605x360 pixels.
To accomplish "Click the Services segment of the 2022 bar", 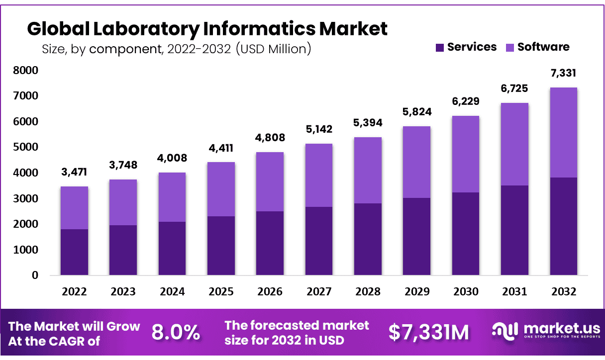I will tap(74, 252).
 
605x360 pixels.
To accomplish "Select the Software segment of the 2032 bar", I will tap(563, 132).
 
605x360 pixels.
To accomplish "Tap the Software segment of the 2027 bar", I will tap(319, 175).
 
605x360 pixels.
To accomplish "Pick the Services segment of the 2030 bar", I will tap(465, 234).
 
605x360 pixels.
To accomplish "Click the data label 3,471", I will tap(74, 173).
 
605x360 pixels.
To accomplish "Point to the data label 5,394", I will tap(368, 123).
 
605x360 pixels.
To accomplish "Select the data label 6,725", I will tap(514, 89).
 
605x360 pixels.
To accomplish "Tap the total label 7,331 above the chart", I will tap(563, 73).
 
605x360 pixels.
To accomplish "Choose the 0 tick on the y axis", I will tap(35, 275).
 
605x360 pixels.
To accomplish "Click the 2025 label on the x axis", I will tap(221, 291).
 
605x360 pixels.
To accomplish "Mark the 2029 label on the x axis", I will tap(416, 291).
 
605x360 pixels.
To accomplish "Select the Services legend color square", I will tap(440, 47).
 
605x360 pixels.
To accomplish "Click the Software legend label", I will tap(543, 47).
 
